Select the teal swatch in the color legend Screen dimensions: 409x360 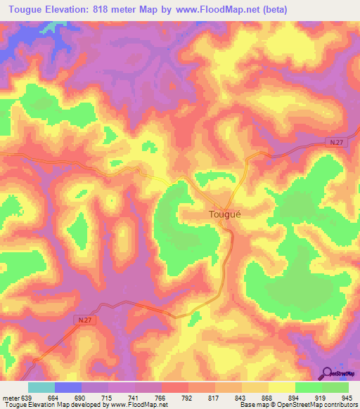pos(41,387)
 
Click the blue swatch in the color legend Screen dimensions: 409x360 pos(68,387)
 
